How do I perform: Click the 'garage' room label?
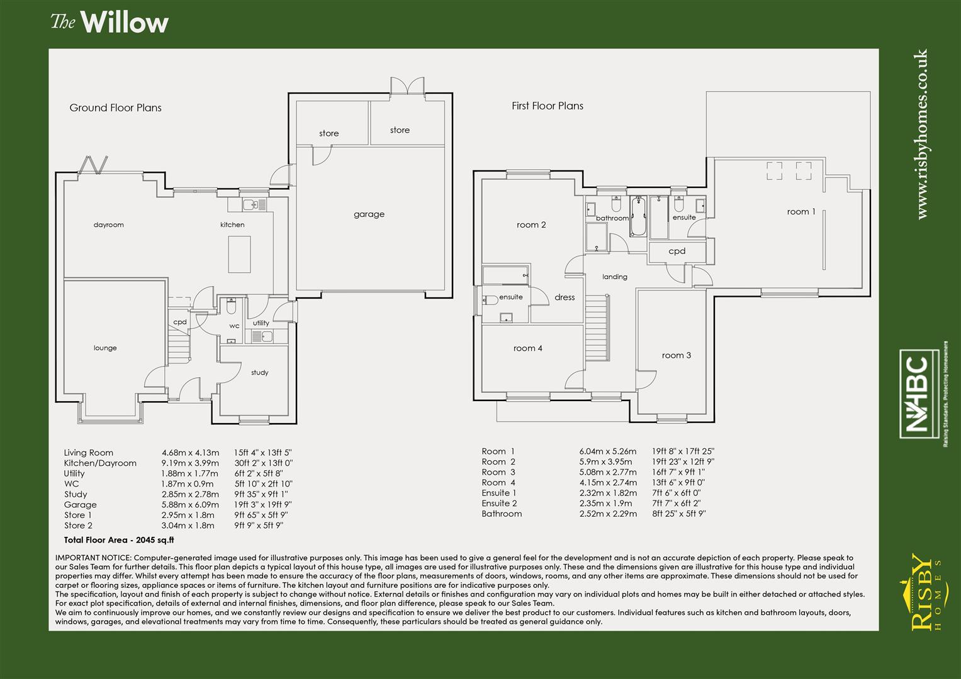[x=369, y=214]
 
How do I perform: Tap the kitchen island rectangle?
[x=239, y=254]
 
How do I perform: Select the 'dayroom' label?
[x=109, y=225]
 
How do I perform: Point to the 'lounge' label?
[x=105, y=348]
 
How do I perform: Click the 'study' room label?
[x=259, y=373]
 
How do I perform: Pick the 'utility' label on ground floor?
[x=261, y=323]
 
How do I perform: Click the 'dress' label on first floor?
[x=565, y=297]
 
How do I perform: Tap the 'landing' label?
[x=614, y=277]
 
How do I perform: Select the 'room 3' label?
[x=676, y=355]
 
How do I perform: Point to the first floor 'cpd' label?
[x=677, y=251]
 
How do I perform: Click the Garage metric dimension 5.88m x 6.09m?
[x=190, y=505]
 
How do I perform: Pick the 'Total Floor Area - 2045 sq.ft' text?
[x=119, y=540]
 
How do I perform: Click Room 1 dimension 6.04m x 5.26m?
[x=607, y=451]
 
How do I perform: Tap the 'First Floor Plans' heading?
[x=547, y=106]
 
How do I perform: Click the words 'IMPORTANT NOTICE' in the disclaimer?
[x=93, y=558]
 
